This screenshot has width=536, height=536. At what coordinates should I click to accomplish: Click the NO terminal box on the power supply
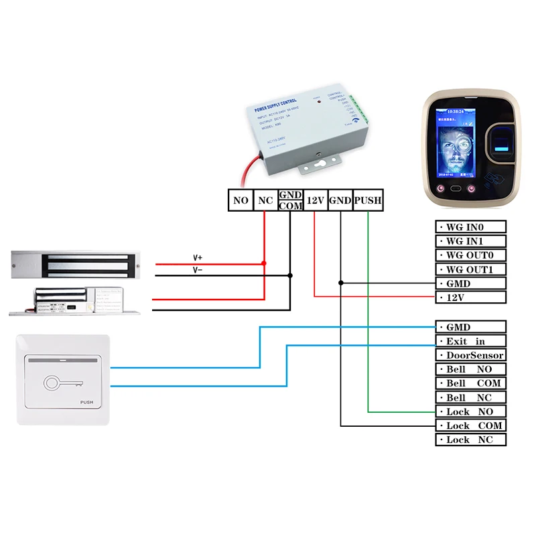tap(241, 200)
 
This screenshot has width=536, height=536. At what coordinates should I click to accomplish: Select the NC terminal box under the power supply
tap(265, 200)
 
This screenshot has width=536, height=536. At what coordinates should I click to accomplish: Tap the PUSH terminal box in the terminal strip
tap(367, 200)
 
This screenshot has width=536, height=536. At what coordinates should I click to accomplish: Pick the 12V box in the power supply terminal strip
tap(316, 200)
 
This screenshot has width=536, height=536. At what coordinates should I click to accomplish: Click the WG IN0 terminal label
tap(471, 227)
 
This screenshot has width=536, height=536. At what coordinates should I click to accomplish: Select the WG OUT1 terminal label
tap(471, 269)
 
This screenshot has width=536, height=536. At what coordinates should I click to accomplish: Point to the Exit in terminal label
tap(471, 341)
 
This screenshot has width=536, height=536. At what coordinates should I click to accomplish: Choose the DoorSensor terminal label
tap(471, 355)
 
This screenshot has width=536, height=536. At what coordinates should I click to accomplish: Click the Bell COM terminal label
tap(471, 383)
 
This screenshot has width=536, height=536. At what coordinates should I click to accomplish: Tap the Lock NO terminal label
tap(471, 411)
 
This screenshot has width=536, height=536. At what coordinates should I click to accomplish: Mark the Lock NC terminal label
tap(471, 440)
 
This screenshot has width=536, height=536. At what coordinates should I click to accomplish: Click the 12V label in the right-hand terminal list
tap(471, 297)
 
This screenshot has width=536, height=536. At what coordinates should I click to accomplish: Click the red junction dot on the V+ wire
tap(265, 263)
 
